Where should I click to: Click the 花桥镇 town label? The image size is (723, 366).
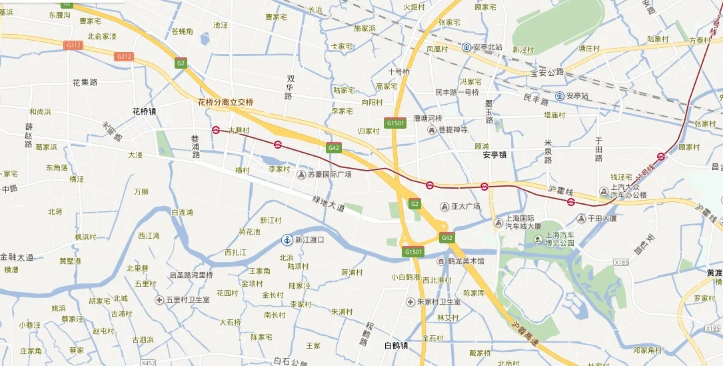click(x=144, y=111)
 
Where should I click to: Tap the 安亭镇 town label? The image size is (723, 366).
click(x=495, y=155)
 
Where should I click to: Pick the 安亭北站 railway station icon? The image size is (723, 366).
click(x=467, y=47)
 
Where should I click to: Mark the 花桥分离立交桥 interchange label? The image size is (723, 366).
click(x=226, y=102)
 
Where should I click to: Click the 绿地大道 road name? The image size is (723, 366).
click(x=329, y=204)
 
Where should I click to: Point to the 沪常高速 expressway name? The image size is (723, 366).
click(x=526, y=332)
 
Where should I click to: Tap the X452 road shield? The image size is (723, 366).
click(x=148, y=363)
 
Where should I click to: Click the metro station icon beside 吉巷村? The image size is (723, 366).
click(x=216, y=131)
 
